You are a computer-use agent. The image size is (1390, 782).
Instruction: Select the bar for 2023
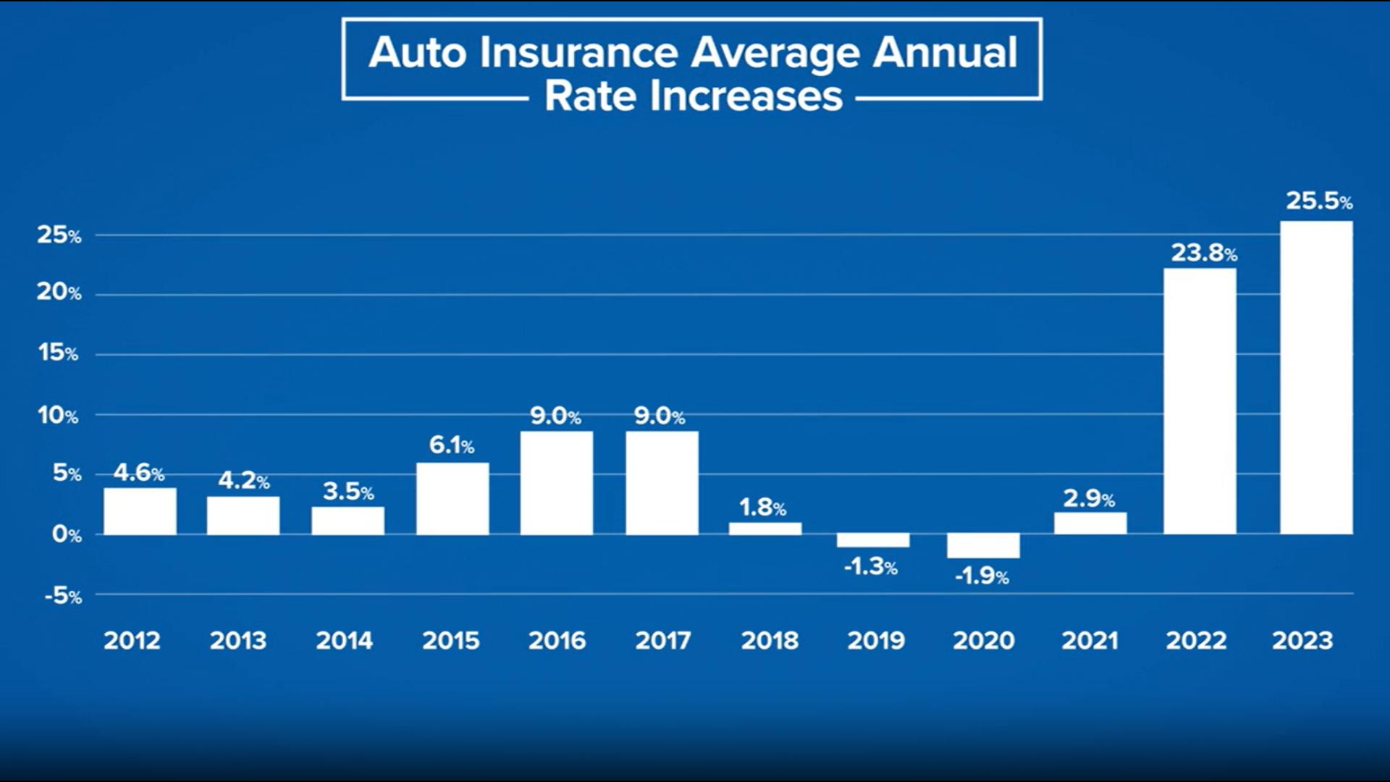coord(1316,378)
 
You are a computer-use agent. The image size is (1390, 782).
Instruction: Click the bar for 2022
coord(1200,402)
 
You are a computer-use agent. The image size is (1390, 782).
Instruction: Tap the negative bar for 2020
coord(983,546)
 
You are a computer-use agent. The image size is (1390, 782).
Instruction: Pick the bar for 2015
coord(452,499)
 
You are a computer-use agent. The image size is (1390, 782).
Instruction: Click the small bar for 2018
coord(765,529)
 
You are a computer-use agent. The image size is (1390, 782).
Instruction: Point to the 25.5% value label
coord(1318,201)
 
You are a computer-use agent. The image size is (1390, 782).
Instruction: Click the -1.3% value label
coord(870,566)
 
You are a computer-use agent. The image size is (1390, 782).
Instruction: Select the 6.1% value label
coord(451,445)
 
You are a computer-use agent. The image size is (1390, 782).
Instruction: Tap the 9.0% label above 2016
coord(555,416)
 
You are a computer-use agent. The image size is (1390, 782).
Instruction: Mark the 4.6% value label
coord(138,473)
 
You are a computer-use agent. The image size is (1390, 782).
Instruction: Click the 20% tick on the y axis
coord(59,293)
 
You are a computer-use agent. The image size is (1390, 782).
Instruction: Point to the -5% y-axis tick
coord(63,596)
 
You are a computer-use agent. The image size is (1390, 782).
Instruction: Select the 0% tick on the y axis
coord(66,534)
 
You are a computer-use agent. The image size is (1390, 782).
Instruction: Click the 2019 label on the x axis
coord(876,640)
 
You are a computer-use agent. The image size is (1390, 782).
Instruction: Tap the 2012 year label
coord(132,640)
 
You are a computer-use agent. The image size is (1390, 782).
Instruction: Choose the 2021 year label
coord(1090,640)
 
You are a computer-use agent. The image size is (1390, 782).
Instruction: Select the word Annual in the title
coord(945,52)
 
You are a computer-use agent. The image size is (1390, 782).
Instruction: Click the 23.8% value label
coord(1203,253)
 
